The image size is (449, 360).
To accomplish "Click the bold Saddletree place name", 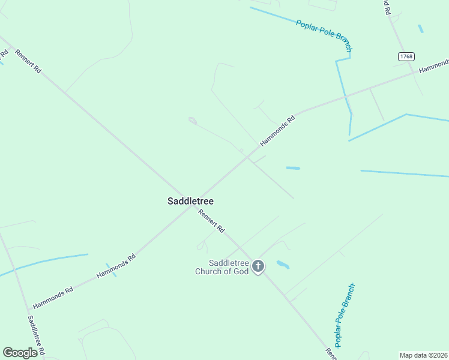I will (190, 202).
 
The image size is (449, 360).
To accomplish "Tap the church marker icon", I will (258, 266).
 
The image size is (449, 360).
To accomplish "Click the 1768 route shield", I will (406, 56).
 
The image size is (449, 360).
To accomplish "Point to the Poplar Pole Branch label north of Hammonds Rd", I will (324, 35).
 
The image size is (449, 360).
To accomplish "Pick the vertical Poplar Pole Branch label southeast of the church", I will (345, 314).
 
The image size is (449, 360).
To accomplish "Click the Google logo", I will (20, 353).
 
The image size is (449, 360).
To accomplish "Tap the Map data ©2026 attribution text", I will (424, 355).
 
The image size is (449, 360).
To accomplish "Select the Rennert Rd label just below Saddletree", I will (211, 221).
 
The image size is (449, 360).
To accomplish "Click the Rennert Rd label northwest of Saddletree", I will (28, 61).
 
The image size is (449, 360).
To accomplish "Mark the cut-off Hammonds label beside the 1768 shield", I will (434, 66).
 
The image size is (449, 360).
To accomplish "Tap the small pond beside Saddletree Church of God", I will (282, 264).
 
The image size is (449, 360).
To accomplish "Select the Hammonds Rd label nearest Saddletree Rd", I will (52, 297).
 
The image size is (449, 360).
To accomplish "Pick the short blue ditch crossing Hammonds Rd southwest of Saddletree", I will (111, 270).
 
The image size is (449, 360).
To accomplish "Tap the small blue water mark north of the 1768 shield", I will (420, 28).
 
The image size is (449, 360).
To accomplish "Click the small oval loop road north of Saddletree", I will (193, 121).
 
